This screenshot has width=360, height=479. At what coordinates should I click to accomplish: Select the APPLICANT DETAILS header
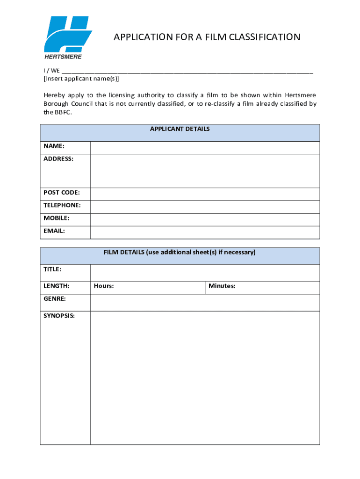(180, 129)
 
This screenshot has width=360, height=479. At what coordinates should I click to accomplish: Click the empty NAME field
(205, 147)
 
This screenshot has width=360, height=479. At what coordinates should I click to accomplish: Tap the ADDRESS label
(58, 159)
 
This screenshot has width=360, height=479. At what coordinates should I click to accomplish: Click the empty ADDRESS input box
(205, 171)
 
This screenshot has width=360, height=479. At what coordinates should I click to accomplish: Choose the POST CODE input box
(205, 194)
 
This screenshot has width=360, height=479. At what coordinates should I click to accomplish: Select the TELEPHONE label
(62, 205)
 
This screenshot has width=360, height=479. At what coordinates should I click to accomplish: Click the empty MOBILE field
(205, 219)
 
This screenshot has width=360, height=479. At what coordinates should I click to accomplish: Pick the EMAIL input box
(205, 232)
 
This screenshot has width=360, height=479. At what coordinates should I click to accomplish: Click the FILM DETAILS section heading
(180, 253)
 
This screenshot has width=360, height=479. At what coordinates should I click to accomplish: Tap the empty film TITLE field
(205, 273)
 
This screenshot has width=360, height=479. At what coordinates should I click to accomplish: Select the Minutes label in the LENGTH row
(222, 286)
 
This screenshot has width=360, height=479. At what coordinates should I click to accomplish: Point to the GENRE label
(55, 298)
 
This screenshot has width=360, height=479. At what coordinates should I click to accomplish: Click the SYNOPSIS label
(59, 316)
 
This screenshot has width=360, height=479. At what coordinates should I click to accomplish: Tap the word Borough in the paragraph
(56, 104)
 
